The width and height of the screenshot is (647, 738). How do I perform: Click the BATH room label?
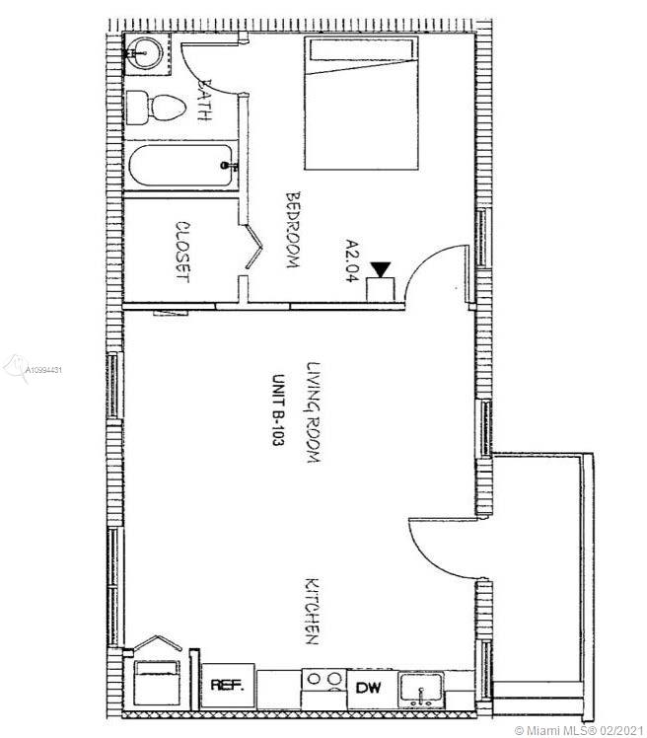[205, 100]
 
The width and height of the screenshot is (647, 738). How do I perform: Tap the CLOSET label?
[182, 252]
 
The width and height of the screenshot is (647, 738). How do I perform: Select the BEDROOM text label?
[293, 229]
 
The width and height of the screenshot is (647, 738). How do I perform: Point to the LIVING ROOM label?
[314, 412]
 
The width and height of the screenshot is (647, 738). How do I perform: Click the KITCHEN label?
[313, 611]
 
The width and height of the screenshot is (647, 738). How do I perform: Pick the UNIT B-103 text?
[278, 410]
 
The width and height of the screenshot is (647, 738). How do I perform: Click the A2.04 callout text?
[351, 260]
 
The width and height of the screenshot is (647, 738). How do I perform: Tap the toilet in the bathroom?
[156, 108]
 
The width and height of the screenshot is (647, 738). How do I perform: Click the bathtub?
[180, 165]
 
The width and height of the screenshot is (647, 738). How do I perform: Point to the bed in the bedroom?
[361, 103]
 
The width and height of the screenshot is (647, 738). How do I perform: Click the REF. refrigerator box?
[228, 686]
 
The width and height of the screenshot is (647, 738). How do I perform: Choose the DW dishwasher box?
[369, 689]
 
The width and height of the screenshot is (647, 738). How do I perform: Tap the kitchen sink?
[421, 690]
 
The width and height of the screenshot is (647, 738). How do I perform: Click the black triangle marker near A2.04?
[380, 268]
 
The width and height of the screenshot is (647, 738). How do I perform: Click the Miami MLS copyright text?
[579, 730]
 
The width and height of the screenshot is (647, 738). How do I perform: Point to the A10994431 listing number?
[43, 370]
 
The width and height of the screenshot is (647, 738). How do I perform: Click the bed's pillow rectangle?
[361, 50]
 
